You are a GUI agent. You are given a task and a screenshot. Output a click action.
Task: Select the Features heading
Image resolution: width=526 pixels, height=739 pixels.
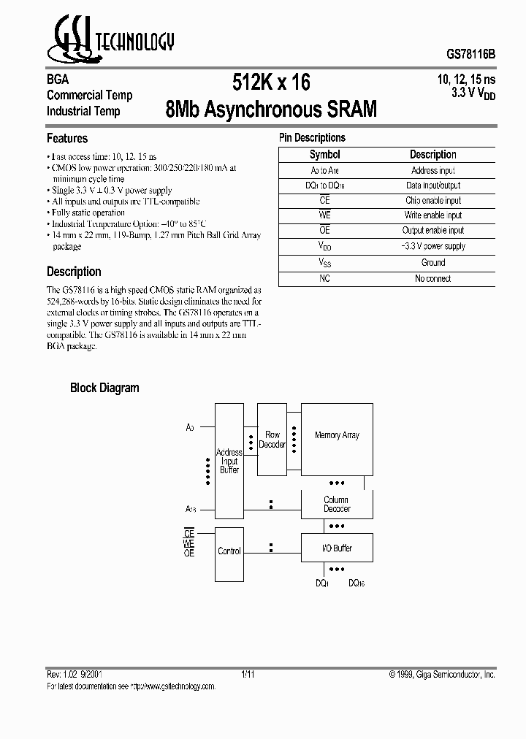[67, 138]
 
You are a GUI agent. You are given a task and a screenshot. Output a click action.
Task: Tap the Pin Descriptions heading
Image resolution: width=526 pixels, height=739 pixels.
[312, 137]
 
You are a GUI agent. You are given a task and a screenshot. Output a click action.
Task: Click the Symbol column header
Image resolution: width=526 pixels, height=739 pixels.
[324, 155]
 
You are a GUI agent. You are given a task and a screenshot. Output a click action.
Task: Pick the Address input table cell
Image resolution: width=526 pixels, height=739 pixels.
[433, 170]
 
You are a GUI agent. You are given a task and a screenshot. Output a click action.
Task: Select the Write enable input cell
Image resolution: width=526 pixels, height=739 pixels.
[433, 215]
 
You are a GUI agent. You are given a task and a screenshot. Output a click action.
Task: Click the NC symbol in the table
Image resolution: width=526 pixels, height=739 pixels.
[324, 278]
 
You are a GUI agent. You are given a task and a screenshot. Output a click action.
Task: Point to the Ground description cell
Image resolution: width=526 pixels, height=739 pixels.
[433, 263]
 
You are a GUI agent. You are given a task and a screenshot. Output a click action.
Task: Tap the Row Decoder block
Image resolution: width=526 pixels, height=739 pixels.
[272, 440]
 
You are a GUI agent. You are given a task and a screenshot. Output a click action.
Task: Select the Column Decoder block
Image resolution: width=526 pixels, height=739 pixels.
[337, 504]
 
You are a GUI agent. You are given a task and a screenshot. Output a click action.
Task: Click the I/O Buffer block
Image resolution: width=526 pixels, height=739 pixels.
[337, 548]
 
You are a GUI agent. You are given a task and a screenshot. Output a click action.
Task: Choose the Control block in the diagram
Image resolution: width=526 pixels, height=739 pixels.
[229, 551]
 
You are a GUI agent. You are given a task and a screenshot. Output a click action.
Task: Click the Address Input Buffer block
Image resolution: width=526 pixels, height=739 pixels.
[229, 461]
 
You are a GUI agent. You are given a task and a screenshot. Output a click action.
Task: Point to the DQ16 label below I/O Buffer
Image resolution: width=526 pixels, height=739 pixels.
[357, 583]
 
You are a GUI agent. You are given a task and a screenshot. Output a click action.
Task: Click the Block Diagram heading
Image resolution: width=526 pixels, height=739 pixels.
[104, 388]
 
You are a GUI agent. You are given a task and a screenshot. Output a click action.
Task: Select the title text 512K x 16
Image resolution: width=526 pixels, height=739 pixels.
[271, 83]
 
